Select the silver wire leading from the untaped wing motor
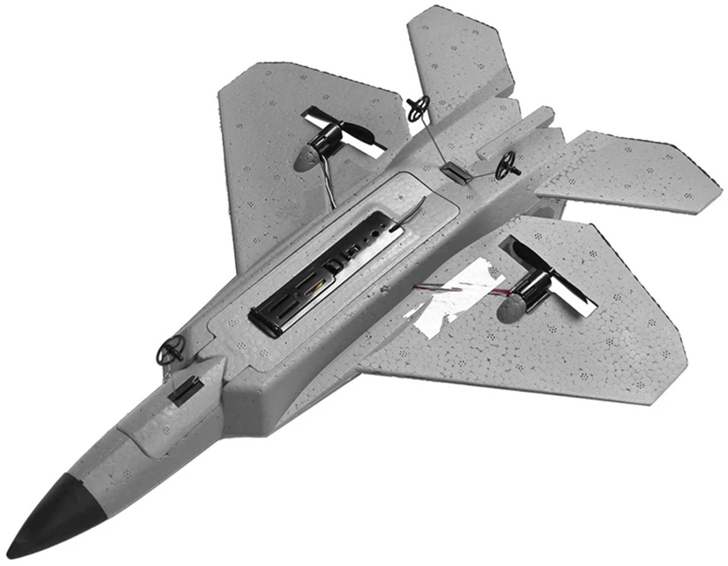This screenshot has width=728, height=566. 331,182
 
